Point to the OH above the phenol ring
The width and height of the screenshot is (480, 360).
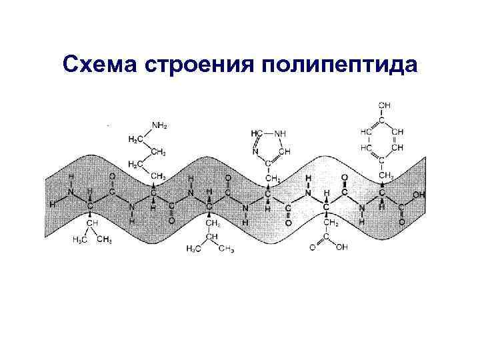385,105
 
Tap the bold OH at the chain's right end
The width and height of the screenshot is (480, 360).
418,195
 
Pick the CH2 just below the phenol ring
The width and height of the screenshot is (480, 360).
385,175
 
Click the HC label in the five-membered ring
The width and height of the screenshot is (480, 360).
257,133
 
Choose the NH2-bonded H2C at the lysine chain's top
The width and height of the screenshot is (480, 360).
134,139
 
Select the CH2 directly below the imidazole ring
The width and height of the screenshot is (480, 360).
271,179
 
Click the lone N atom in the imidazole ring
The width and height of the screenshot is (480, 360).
255,151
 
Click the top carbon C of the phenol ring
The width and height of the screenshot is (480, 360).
383,119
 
